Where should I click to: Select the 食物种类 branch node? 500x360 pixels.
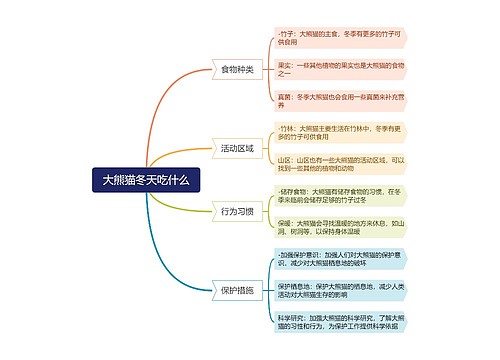click(x=237, y=70)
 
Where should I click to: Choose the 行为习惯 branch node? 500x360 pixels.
click(x=237, y=211)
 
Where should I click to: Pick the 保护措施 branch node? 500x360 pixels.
click(x=237, y=290)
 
